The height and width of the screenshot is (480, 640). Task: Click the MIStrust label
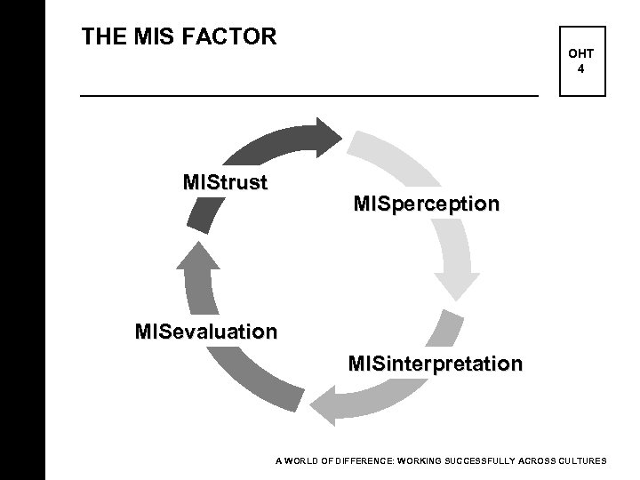225,183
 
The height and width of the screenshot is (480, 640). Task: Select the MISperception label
426,204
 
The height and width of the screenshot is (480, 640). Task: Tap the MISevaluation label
205,332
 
